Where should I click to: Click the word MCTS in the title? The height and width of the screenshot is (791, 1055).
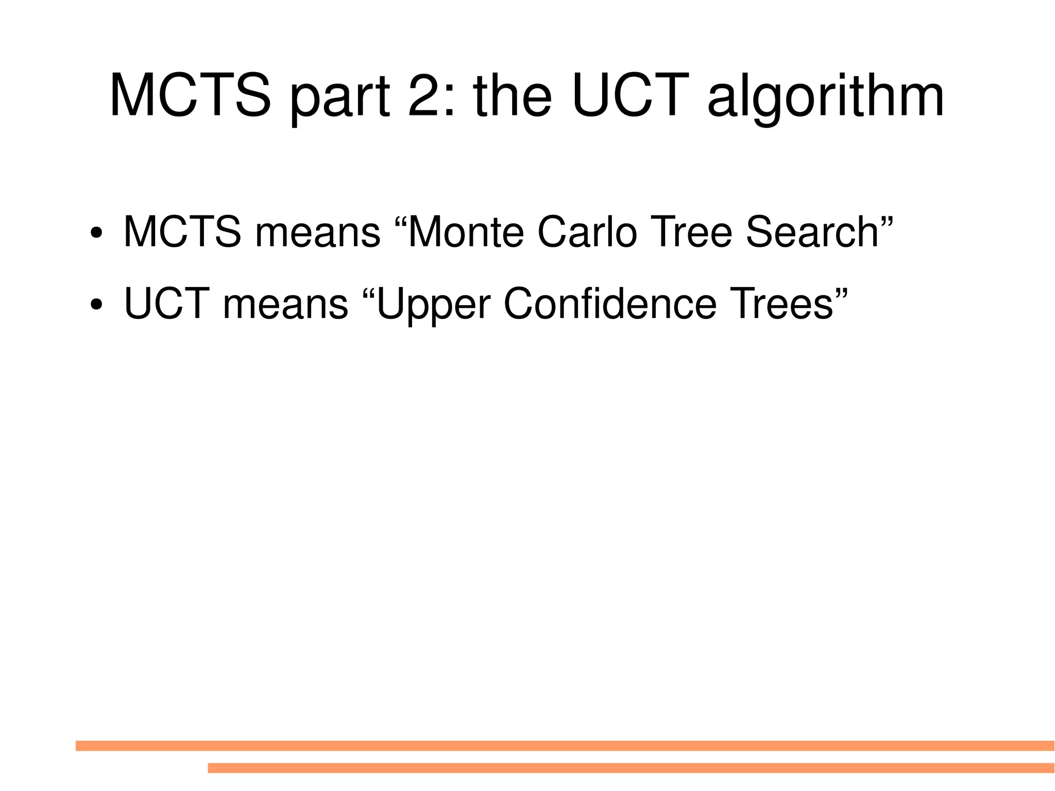pyautogui.click(x=190, y=96)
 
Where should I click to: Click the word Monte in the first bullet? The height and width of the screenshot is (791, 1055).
pyautogui.click(x=465, y=232)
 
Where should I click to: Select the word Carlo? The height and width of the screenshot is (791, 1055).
pyautogui.click(x=587, y=232)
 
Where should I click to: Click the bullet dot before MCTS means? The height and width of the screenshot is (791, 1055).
pyautogui.click(x=96, y=233)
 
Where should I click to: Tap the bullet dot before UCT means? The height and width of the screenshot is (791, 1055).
pyautogui.click(x=96, y=305)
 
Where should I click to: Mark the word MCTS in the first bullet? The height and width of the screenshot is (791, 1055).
pyautogui.click(x=182, y=232)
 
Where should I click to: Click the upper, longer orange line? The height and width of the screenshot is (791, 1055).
pyautogui.click(x=565, y=746)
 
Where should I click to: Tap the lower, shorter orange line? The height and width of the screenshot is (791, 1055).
pyautogui.click(x=631, y=768)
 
